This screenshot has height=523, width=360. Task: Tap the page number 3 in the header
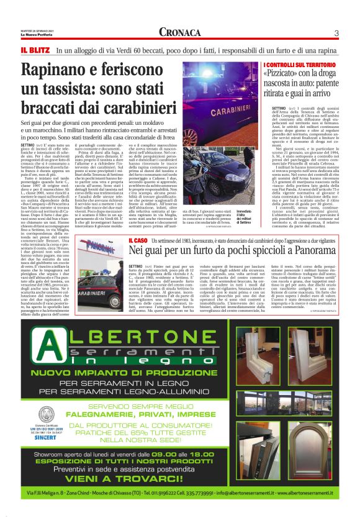coord(335,33)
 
